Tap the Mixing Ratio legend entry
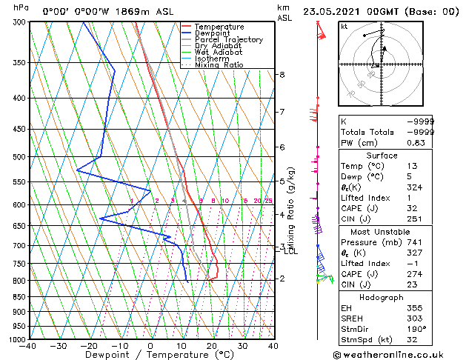pos(219,65)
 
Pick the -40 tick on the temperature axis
pos(28,346)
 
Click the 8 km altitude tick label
pos(282,75)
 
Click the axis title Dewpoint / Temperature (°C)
pos(150,355)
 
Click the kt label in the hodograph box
pos(344,27)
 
